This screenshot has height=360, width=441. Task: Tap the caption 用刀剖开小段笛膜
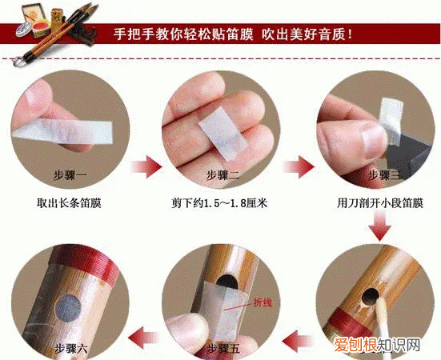[371, 202]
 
